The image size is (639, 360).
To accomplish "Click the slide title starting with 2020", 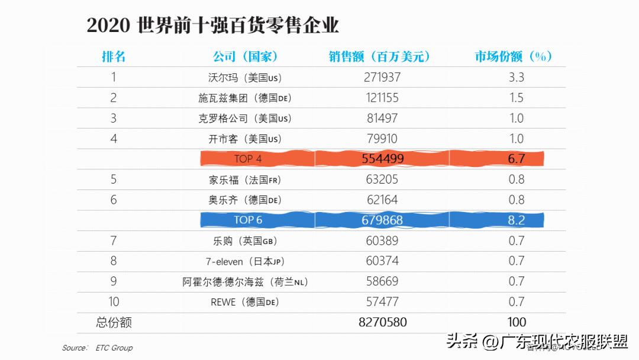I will (213, 26).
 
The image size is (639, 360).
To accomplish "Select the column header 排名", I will (114, 57).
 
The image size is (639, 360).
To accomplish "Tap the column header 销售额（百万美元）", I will (379, 57).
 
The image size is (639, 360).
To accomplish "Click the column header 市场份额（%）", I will (513, 57).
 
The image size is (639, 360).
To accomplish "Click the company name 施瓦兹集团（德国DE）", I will (245, 98).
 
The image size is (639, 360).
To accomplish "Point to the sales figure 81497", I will (382, 118).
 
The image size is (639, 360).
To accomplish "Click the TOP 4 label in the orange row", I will (248, 159).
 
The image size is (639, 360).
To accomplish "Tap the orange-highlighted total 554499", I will (382, 159).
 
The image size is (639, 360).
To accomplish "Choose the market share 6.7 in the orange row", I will (517, 159).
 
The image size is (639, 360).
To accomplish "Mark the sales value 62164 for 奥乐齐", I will (382, 200).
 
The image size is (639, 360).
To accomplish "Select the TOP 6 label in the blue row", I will (248, 220).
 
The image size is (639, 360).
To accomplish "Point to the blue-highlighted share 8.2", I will (517, 220).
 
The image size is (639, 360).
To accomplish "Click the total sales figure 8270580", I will (382, 323).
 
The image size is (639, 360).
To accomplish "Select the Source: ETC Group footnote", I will (98, 348).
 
